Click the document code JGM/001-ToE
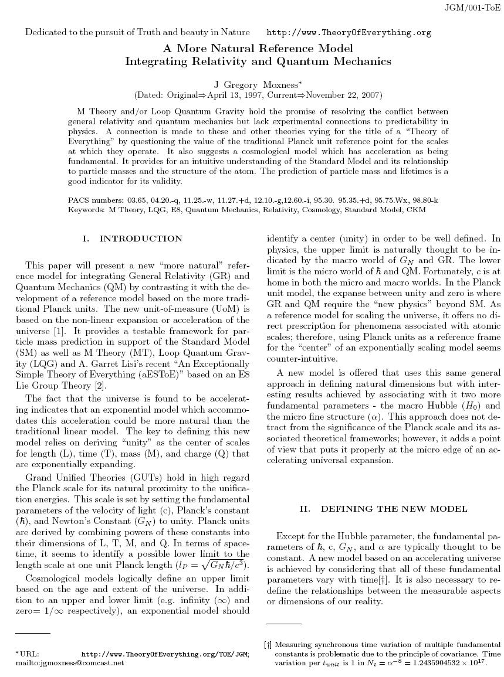point(473,8)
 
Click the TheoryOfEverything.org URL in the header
point(349,33)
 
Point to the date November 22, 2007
point(339,95)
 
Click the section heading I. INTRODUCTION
point(133,239)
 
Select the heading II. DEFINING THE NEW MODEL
point(383,509)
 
